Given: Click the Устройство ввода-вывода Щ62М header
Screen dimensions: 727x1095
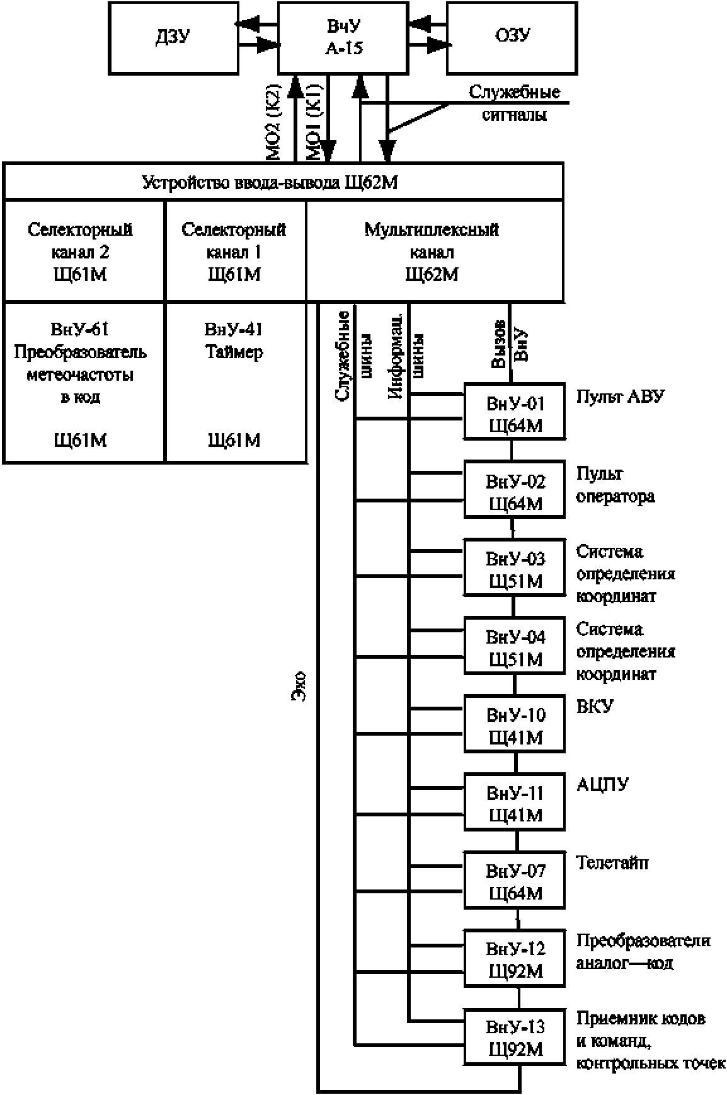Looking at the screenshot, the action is pos(283,182).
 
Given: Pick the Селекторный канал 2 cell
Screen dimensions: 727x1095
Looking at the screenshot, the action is pos(84,251).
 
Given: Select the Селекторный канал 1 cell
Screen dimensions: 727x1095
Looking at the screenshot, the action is pos(236,251).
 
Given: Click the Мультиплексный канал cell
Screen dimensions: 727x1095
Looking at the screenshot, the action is pos(435,251).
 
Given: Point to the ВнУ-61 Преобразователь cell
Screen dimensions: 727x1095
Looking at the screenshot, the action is pos(84,383).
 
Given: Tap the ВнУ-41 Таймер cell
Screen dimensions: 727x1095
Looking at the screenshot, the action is pos(236,383).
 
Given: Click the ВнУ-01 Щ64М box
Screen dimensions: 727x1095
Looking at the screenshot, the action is pos(515,412).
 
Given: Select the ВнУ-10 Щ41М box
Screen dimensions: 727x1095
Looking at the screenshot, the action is pos(515,723).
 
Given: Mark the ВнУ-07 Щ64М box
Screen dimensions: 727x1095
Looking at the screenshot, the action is pos(515,879).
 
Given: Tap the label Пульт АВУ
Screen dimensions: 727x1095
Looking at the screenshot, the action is pos(621,397).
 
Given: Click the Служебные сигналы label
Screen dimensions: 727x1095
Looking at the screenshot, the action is pos(515,104).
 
